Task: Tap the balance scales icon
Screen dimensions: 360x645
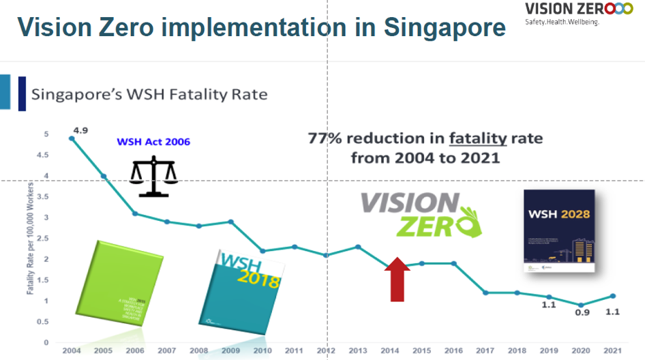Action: [x=153, y=176]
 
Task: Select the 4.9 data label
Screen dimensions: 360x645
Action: [x=80, y=130]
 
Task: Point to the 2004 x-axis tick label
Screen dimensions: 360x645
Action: [x=71, y=350]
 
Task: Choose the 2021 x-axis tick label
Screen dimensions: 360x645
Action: [x=613, y=350]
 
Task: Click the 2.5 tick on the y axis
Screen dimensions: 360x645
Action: [x=47, y=239]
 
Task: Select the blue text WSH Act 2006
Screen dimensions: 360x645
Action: [x=154, y=142]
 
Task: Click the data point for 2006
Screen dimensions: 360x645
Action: [x=136, y=213]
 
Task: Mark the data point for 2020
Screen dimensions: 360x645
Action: [x=581, y=305]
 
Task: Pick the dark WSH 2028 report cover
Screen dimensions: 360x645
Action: [x=559, y=231]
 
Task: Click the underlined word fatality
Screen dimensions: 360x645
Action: [x=477, y=138]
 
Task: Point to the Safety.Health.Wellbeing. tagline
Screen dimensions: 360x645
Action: [x=562, y=22]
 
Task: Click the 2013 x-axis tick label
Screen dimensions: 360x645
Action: [x=358, y=350]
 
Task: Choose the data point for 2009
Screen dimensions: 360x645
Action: [x=231, y=222]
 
